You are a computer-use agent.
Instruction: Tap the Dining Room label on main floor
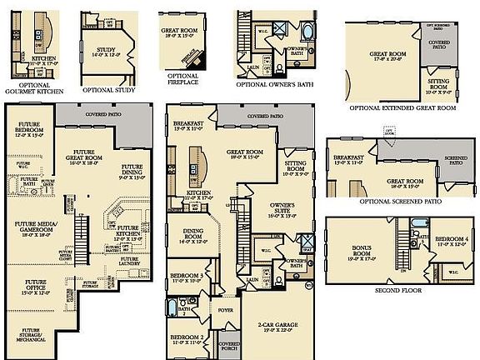pos(193,237)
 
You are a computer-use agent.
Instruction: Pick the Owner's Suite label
pos(283,211)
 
